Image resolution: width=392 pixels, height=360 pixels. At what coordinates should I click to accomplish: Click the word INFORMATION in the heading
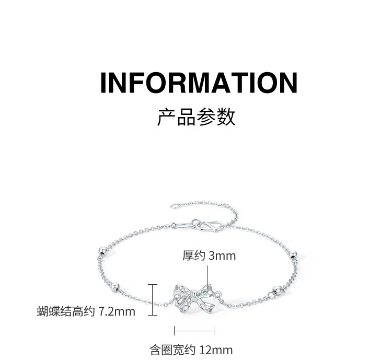199,83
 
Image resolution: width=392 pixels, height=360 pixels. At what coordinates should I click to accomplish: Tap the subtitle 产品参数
197,117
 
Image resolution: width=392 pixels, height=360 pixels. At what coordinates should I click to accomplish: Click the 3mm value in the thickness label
222,256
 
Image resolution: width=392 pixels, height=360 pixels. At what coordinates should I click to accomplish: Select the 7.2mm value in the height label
117,312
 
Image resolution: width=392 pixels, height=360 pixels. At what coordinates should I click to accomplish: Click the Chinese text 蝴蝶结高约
66,312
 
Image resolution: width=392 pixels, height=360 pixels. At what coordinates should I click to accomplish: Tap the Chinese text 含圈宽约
170,350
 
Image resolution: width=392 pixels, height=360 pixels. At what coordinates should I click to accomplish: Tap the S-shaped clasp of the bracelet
207,226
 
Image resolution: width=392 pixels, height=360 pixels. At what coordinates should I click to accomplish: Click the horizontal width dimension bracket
194,330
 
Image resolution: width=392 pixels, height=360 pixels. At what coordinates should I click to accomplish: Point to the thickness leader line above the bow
208,275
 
